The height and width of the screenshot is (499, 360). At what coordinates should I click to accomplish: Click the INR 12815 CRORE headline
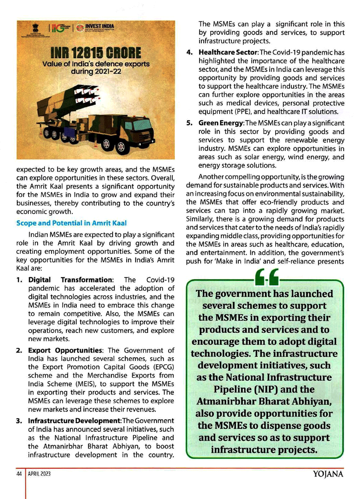point(95,53)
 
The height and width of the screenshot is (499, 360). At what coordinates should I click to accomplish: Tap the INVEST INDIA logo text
point(99,26)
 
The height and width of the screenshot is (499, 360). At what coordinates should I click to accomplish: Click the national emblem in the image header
point(35,28)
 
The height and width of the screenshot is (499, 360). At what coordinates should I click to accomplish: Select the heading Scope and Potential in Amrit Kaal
point(71,223)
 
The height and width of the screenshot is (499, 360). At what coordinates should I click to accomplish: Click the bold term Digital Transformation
point(71,280)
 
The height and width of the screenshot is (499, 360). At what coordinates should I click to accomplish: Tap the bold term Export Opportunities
point(65,350)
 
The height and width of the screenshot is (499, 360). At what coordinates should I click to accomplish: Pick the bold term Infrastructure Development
point(74,421)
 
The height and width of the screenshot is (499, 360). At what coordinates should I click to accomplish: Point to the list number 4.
point(189,52)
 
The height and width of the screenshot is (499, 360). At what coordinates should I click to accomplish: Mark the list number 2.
point(19,350)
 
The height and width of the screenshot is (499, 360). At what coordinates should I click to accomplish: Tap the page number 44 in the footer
point(19,474)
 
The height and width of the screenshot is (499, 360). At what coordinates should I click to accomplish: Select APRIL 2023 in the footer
point(39,474)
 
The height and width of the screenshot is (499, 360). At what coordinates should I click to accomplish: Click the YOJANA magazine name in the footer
point(328,474)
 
